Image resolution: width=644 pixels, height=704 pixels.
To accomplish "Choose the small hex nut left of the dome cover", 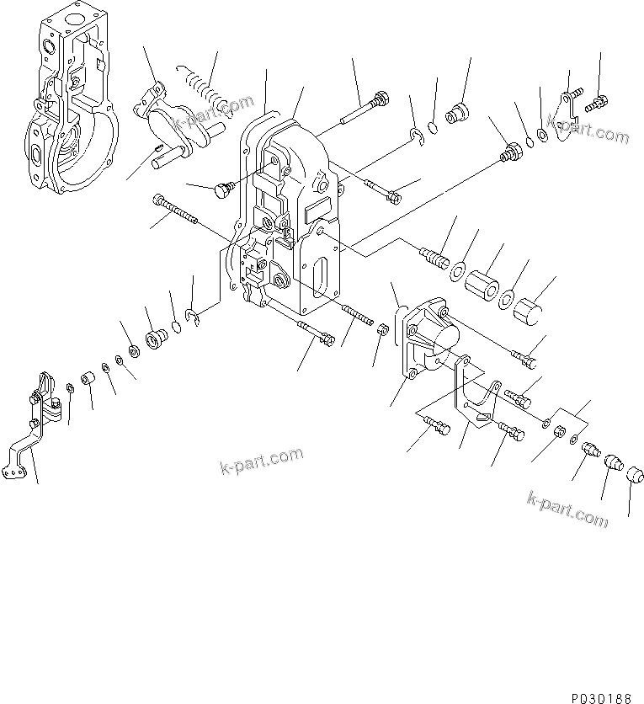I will tap(381, 328).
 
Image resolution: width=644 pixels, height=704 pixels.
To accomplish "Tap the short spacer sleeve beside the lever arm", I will tap(90, 382).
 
